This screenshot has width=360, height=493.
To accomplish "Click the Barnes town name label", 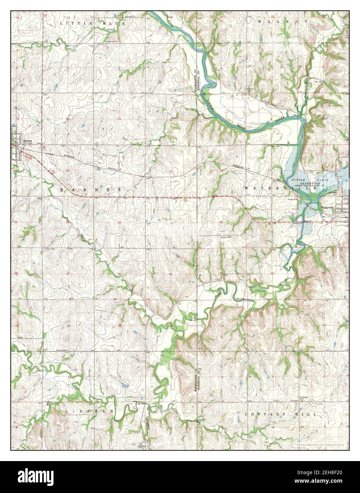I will click(x=28, y=140).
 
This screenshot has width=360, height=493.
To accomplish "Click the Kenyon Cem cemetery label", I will click(x=224, y=237).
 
